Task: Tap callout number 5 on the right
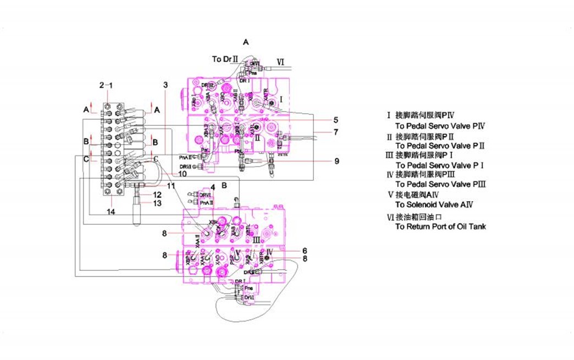[335, 120]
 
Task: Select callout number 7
[335, 132]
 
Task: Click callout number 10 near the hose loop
[183, 174]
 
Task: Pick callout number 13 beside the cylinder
[157, 203]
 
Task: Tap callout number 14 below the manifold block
[111, 212]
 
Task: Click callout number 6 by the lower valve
[304, 251]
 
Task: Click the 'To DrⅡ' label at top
[224, 59]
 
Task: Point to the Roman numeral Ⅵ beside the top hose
[280, 61]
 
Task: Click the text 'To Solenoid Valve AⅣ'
[434, 204]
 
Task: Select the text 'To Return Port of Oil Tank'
[440, 226]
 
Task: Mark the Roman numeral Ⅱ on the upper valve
[257, 138]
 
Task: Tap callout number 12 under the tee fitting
[157, 195]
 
